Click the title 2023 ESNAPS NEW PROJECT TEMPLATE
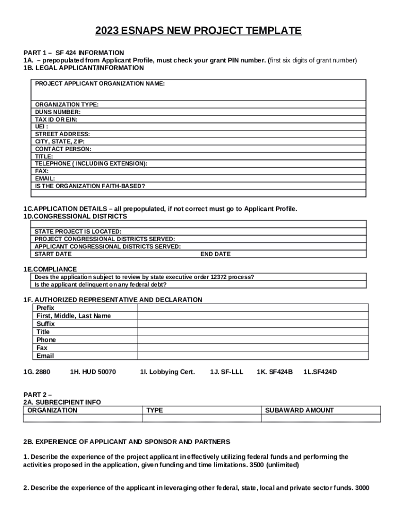coord(198,31)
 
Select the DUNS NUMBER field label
coord(58,112)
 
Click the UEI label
coord(41,126)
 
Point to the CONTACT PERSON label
coord(63,149)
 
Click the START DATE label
coord(53,254)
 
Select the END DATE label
coord(216,254)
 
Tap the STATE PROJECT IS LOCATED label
coord(78,232)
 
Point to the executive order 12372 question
coord(144,277)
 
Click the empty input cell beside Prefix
coord(253,308)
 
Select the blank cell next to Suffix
coord(253,324)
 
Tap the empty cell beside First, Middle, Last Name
coord(253,316)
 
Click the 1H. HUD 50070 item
coord(93,371)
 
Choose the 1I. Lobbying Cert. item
coord(167,371)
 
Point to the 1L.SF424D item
coord(320,371)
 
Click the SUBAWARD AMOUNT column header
coord(300,410)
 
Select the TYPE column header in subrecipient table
coord(155,410)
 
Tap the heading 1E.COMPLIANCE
coord(50,269)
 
